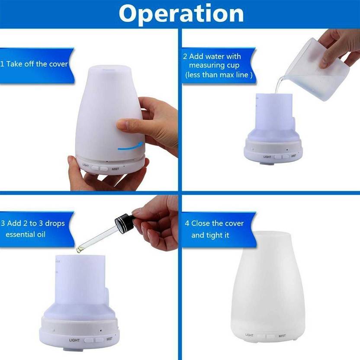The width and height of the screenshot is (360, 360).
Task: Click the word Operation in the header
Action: point(181,14)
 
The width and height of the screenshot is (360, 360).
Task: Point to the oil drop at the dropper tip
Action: point(79,249)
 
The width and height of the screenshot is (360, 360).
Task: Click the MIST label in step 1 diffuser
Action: point(115,169)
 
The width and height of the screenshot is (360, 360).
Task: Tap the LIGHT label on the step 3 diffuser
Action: point(74,340)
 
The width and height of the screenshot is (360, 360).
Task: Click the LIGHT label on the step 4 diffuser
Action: point(249,335)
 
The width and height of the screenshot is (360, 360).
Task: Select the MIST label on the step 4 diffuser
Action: point(282,336)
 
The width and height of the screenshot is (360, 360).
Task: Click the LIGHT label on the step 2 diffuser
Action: point(267,157)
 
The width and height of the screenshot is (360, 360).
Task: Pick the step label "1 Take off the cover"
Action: point(34,64)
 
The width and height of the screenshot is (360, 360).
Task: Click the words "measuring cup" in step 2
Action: point(214,65)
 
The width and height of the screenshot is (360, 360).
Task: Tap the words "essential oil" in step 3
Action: point(26,235)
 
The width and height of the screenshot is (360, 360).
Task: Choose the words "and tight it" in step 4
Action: point(210,235)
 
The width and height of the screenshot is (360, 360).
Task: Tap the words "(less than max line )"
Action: point(219,75)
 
